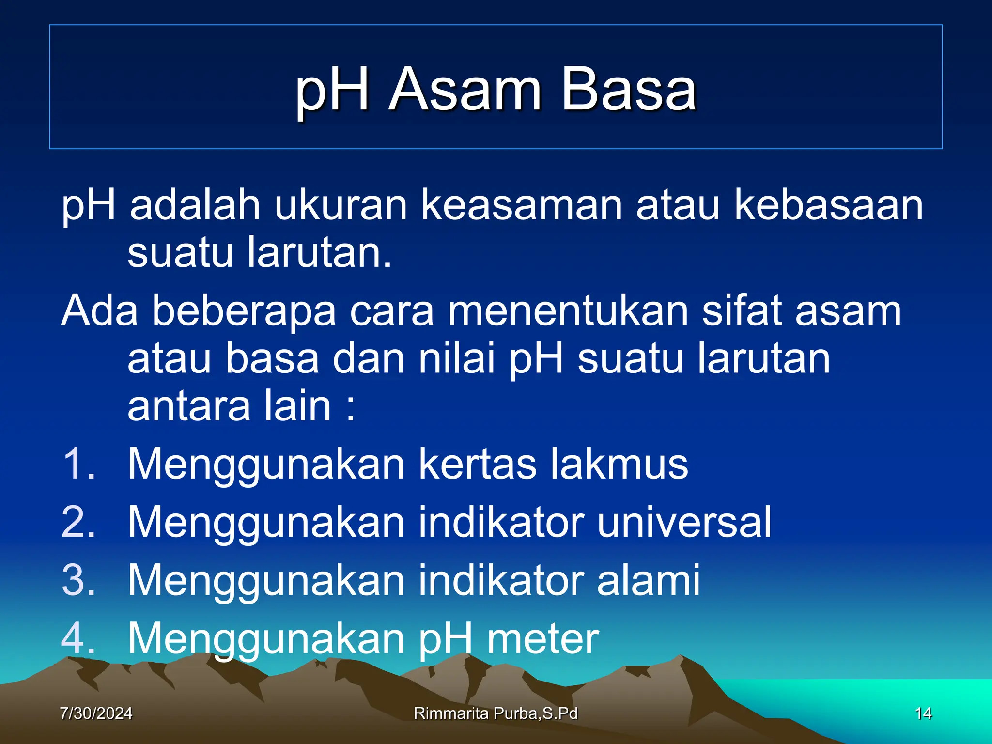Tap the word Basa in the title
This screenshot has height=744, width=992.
pos(628,90)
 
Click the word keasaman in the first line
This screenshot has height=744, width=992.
pos(521,205)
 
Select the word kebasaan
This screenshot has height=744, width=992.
pos(829,205)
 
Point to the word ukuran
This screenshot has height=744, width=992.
pos(341,205)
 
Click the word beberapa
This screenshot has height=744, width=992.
pos(244,311)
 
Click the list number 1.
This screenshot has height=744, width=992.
pos(77,464)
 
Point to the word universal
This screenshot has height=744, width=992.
pos(684,522)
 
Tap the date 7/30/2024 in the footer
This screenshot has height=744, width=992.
pos(96,713)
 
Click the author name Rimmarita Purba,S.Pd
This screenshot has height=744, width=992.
pos(496,713)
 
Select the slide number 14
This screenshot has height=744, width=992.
pos(923,713)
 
